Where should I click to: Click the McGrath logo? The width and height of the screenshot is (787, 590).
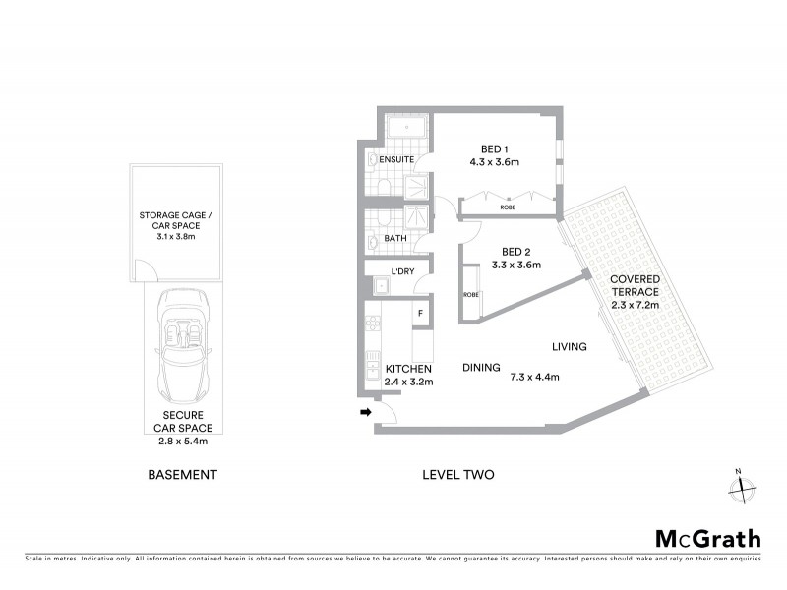tap(708, 538)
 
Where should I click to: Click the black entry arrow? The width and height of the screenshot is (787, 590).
tap(368, 413)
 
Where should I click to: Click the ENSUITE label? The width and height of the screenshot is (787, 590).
tap(395, 158)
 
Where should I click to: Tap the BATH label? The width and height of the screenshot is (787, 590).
tap(395, 238)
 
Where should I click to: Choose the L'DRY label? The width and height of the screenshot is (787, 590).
tap(401, 270)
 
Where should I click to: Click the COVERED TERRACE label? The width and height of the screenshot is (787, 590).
tap(635, 291)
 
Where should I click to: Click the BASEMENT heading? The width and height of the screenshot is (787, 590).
tap(182, 475)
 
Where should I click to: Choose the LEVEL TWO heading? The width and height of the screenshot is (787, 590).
tap(457, 475)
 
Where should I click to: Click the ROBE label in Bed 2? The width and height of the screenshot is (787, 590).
tap(470, 295)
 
